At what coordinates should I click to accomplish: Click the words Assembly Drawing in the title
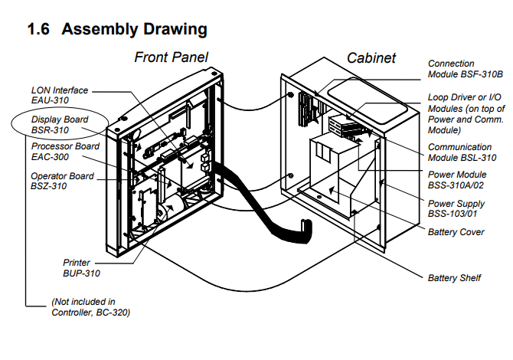pyautogui.click(x=135, y=30)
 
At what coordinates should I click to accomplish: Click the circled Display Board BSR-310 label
pyautogui.click(x=60, y=125)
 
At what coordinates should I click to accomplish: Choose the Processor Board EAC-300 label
pyautogui.click(x=65, y=151)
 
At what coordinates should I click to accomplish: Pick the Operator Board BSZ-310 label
pyautogui.click(x=62, y=181)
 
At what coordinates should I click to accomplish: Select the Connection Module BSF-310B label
pyautogui.click(x=465, y=69)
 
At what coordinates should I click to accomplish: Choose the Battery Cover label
pyautogui.click(x=456, y=231)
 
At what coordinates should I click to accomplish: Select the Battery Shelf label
pyautogui.click(x=454, y=277)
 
